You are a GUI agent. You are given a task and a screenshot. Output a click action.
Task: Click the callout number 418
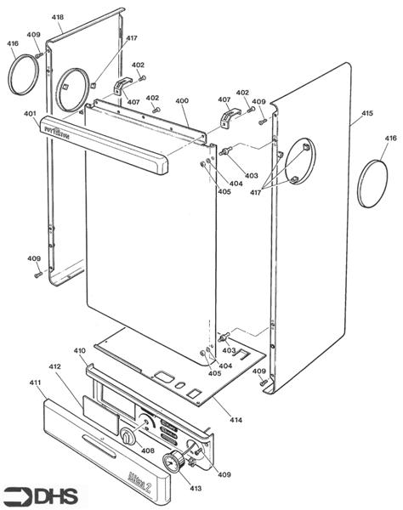coord(57,17)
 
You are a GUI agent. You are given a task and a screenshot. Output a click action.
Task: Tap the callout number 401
coord(29,113)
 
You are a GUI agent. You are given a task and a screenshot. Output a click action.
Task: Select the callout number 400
coord(182,101)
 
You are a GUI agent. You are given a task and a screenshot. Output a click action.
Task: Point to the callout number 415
coord(367,113)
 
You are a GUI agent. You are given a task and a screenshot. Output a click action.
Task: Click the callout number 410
coord(79,350)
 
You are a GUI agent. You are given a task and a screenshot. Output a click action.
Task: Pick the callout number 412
coord(54,366)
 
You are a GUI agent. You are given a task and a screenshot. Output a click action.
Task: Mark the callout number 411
coord(36,383)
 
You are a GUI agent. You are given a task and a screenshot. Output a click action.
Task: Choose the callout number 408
coord(147,451)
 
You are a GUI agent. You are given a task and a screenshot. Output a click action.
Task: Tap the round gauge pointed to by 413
coord(173,463)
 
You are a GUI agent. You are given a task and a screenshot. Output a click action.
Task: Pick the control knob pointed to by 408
coord(128,438)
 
